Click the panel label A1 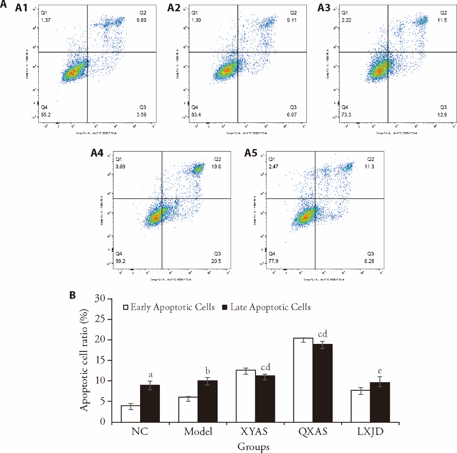pos(21,7)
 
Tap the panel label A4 pos(97,153)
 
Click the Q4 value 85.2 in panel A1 pos(46,114)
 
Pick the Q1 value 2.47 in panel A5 pos(273,166)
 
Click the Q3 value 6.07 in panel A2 pos(292,115)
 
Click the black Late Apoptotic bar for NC pos(150,403)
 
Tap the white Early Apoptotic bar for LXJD pos(360,406)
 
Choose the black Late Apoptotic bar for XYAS pos(265,399)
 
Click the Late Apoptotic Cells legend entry pos(266,307)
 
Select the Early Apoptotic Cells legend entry pos(169,307)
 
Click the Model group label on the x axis pos(198,432)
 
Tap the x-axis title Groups pos(253,447)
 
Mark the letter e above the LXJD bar pos(379,371)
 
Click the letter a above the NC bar pos(151,375)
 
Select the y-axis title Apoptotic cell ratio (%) pos(84,360)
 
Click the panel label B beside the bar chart pos(73,295)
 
